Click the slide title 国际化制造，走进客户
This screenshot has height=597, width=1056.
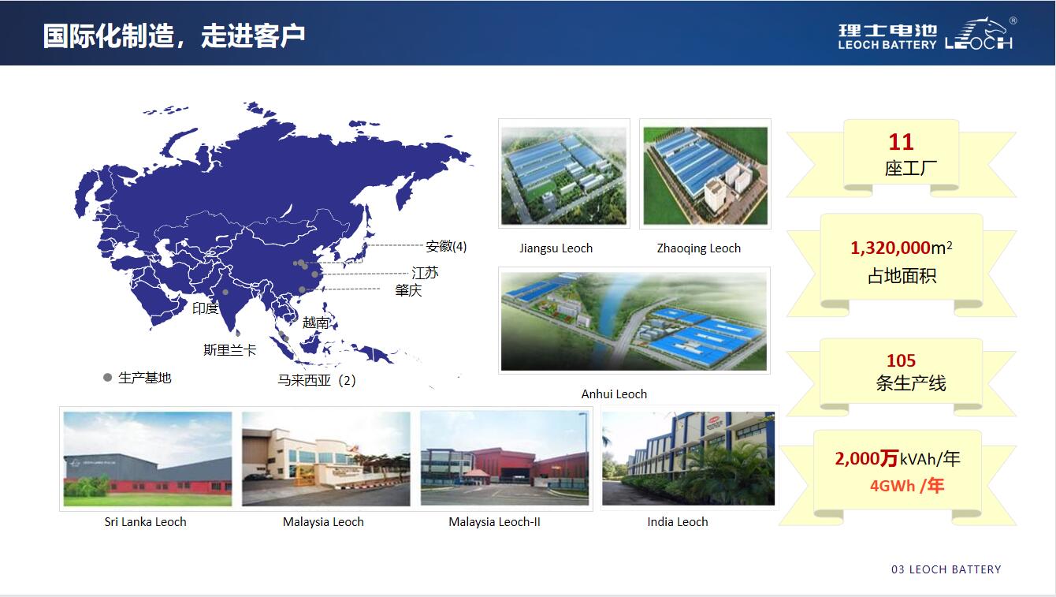tap(174, 35)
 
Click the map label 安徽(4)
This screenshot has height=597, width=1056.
tap(446, 246)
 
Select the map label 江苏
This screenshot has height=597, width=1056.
tap(425, 273)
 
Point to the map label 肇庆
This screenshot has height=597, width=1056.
tap(408, 289)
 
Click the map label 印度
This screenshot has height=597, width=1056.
tap(205, 308)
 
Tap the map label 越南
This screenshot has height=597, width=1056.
tap(315, 323)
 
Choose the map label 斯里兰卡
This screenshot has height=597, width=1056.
tap(229, 349)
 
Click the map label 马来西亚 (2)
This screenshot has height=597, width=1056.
tap(316, 380)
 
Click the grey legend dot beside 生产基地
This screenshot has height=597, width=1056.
tap(107, 378)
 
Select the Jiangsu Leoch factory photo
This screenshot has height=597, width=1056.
tap(563, 174)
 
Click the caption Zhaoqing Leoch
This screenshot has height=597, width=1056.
tap(699, 248)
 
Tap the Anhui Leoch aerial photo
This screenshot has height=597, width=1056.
tap(634, 320)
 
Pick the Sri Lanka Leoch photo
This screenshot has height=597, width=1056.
tap(147, 459)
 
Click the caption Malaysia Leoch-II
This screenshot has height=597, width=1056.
tap(494, 521)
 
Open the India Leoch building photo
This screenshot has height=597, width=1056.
tap(688, 458)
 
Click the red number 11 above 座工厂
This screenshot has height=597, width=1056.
tap(901, 142)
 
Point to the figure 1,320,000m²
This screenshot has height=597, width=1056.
tap(901, 248)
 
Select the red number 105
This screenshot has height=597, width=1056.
tap(901, 360)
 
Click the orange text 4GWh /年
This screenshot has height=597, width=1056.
tap(906, 485)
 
